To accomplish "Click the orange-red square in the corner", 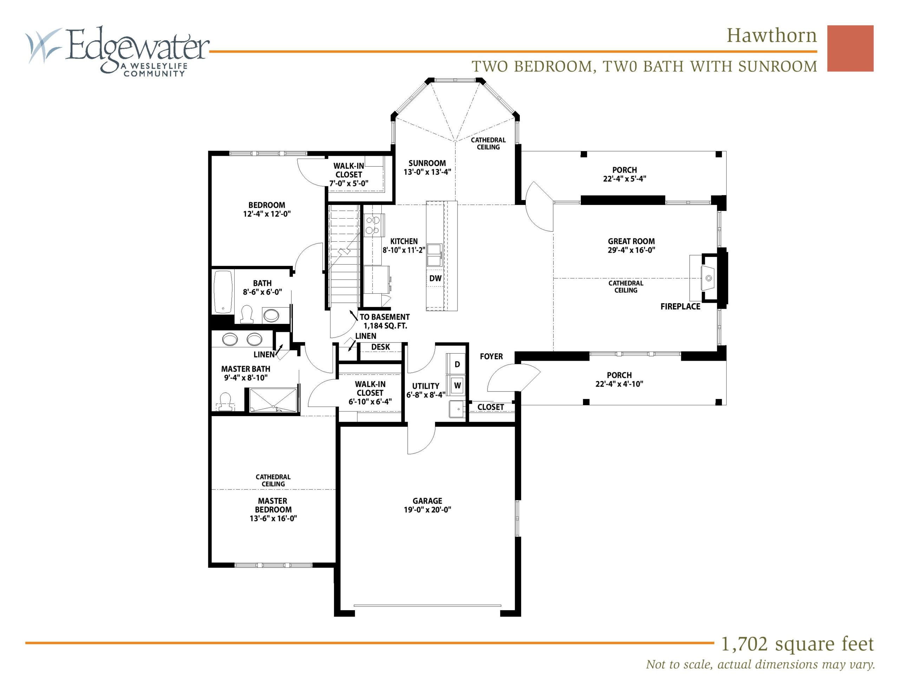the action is tap(850, 48).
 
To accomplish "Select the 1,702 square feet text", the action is tap(797, 644).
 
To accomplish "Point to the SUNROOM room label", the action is tap(427, 163).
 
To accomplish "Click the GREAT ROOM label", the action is tap(631, 241).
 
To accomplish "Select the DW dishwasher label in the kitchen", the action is tap(435, 279).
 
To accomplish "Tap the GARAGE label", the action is tap(427, 501).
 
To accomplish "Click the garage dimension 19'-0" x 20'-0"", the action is tap(427, 510).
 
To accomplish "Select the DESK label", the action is tap(380, 347).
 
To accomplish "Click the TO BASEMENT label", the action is tap(385, 317).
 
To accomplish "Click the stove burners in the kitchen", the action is tap(374, 226).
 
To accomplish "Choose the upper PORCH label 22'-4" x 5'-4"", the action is tap(624, 174).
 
